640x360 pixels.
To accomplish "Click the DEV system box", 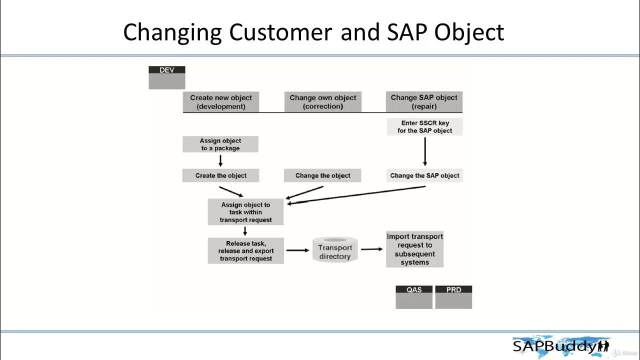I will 166,77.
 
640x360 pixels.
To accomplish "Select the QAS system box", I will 413,297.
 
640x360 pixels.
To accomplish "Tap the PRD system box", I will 453,297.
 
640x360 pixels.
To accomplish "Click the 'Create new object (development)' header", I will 221,102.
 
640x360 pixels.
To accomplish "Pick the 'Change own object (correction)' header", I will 322,102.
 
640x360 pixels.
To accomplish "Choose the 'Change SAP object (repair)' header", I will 424,102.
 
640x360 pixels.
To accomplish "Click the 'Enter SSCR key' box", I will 424,126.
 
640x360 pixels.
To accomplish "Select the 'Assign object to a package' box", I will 220,144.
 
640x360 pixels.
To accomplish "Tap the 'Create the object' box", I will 221,175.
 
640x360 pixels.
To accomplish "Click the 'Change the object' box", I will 322,175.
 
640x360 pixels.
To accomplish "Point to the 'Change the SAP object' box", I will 424,175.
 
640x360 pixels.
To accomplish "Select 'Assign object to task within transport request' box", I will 245,212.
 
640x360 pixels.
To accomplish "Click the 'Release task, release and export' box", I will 245,251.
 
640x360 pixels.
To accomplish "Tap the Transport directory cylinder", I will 335,250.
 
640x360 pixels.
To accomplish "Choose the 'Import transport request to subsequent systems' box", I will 414,249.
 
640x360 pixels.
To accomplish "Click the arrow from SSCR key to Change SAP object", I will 425,151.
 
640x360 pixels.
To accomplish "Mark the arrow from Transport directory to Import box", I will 371,249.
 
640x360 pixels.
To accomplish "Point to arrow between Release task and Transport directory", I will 297,250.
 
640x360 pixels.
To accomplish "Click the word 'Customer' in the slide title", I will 280,32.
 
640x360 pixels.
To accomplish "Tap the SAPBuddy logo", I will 560,345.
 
